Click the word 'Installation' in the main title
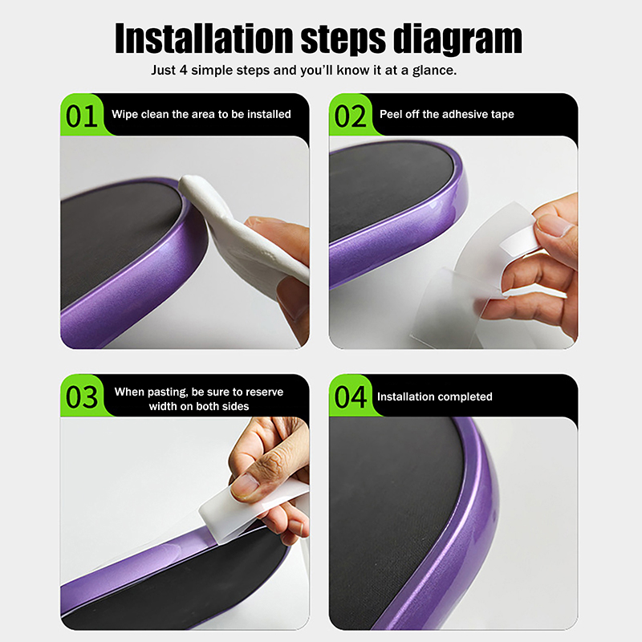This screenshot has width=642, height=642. [x=204, y=38]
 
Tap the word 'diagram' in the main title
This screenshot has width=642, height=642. [x=457, y=39]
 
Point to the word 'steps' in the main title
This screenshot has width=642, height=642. [x=343, y=39]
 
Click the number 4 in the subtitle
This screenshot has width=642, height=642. [x=183, y=71]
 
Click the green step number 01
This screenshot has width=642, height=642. [x=82, y=116]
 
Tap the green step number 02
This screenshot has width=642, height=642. [x=350, y=116]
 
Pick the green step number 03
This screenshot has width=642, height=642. [x=82, y=396]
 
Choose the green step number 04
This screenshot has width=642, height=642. [x=350, y=396]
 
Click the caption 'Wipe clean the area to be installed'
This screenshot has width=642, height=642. [x=201, y=114]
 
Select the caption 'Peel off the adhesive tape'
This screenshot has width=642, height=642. [x=447, y=114]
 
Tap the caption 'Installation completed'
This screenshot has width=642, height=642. [x=434, y=396]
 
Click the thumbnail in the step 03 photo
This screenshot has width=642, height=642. [x=245, y=486]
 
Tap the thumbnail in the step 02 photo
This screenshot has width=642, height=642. [x=554, y=225]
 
